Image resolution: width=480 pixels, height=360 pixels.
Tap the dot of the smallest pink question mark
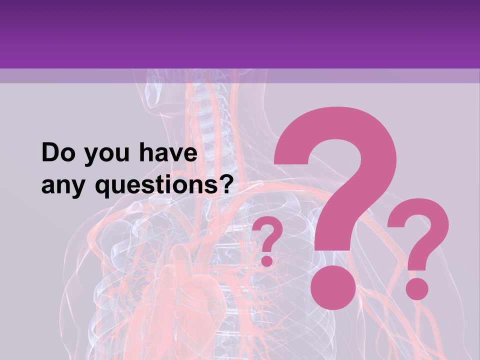pos(267,260)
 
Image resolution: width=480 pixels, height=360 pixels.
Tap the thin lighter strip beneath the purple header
pos(240,75)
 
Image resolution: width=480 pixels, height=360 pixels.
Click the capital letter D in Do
pos(50,153)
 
